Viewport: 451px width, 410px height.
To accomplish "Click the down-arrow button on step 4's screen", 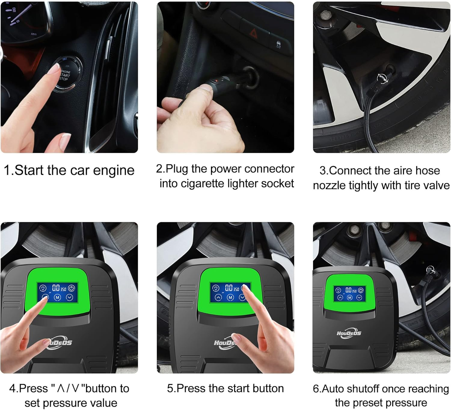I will pyautogui.click(x=69, y=297).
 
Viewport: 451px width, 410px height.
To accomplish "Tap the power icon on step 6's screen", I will pyautogui.click(x=361, y=290).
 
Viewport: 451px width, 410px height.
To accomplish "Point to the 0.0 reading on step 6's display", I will pyautogui.click(x=348, y=290).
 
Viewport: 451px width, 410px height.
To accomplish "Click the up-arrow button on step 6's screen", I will pyautogui.click(x=340, y=297).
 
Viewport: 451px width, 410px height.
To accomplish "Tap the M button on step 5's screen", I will pyautogui.click(x=230, y=297).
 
